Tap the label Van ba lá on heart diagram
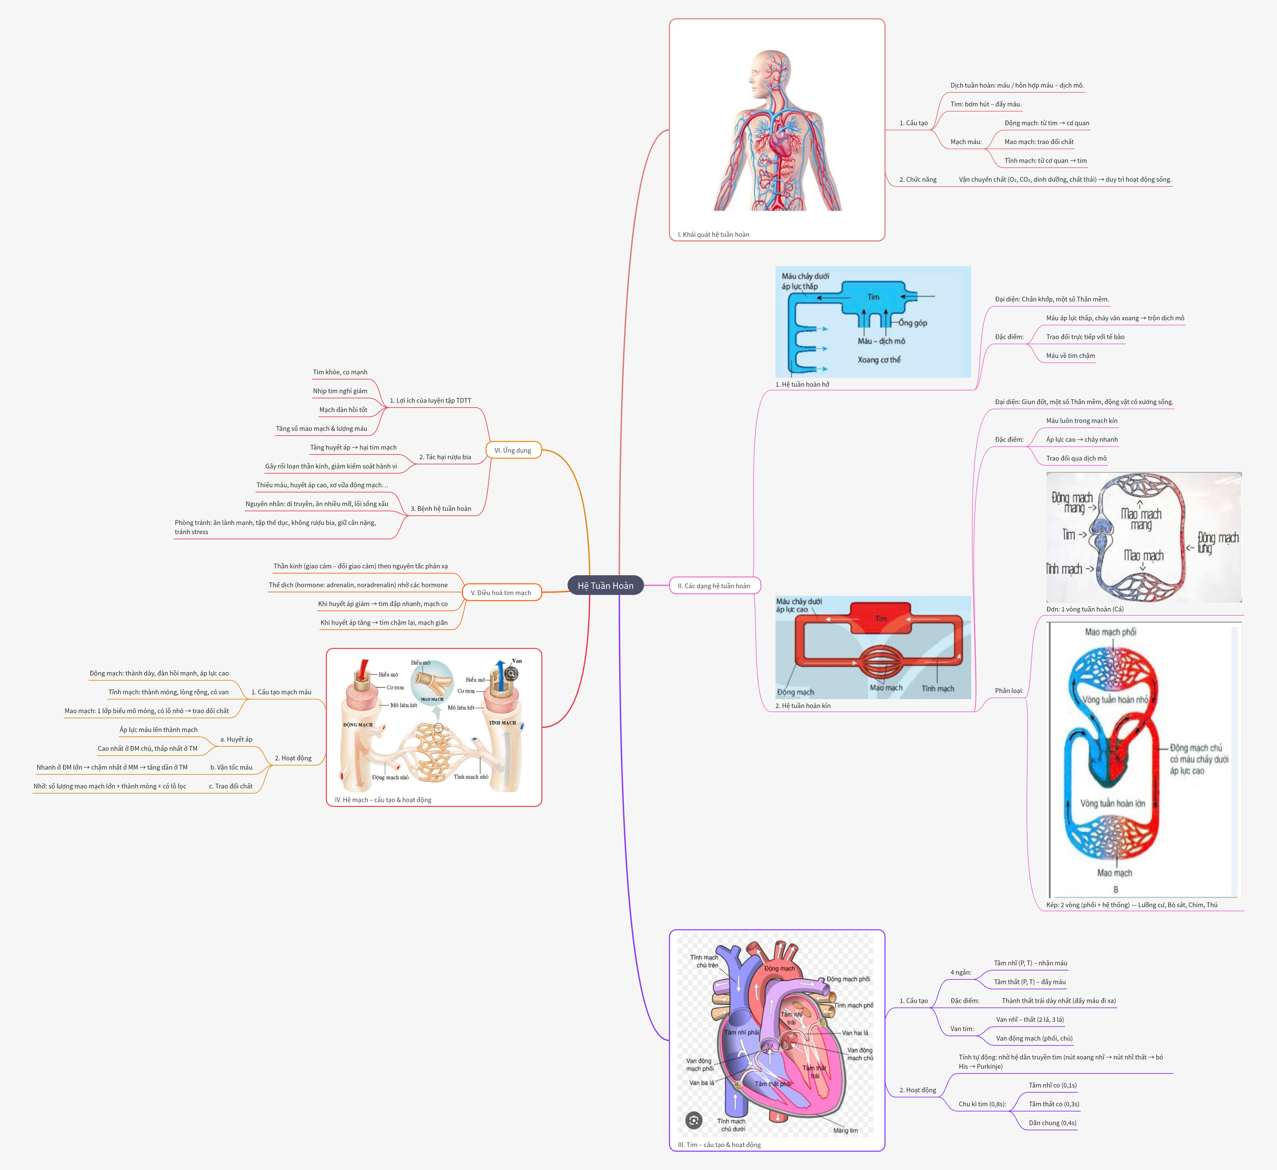coord(701,1082)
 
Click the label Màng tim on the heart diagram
coord(845,1130)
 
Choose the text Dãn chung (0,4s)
coord(1052,1122)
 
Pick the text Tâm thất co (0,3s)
coord(1053,1104)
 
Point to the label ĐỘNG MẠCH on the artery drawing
coord(358,724)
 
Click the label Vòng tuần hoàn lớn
coord(1112,803)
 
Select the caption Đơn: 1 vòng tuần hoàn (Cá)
coord(1084,609)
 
